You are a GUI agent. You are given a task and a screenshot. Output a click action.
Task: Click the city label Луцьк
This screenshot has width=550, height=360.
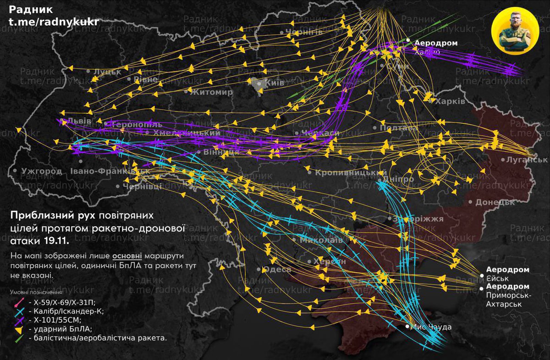(107, 72)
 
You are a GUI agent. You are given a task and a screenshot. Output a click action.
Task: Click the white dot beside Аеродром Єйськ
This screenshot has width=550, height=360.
(482, 276)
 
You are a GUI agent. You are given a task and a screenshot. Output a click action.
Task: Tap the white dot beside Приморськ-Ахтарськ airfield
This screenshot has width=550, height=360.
(482, 288)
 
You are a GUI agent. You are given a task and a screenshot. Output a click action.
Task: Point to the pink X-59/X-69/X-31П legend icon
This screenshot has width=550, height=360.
(19, 302)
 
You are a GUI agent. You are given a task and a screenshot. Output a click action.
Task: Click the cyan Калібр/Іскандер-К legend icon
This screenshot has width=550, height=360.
(19, 311)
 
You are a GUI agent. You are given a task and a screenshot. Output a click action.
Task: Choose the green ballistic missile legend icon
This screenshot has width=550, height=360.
(19, 338)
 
